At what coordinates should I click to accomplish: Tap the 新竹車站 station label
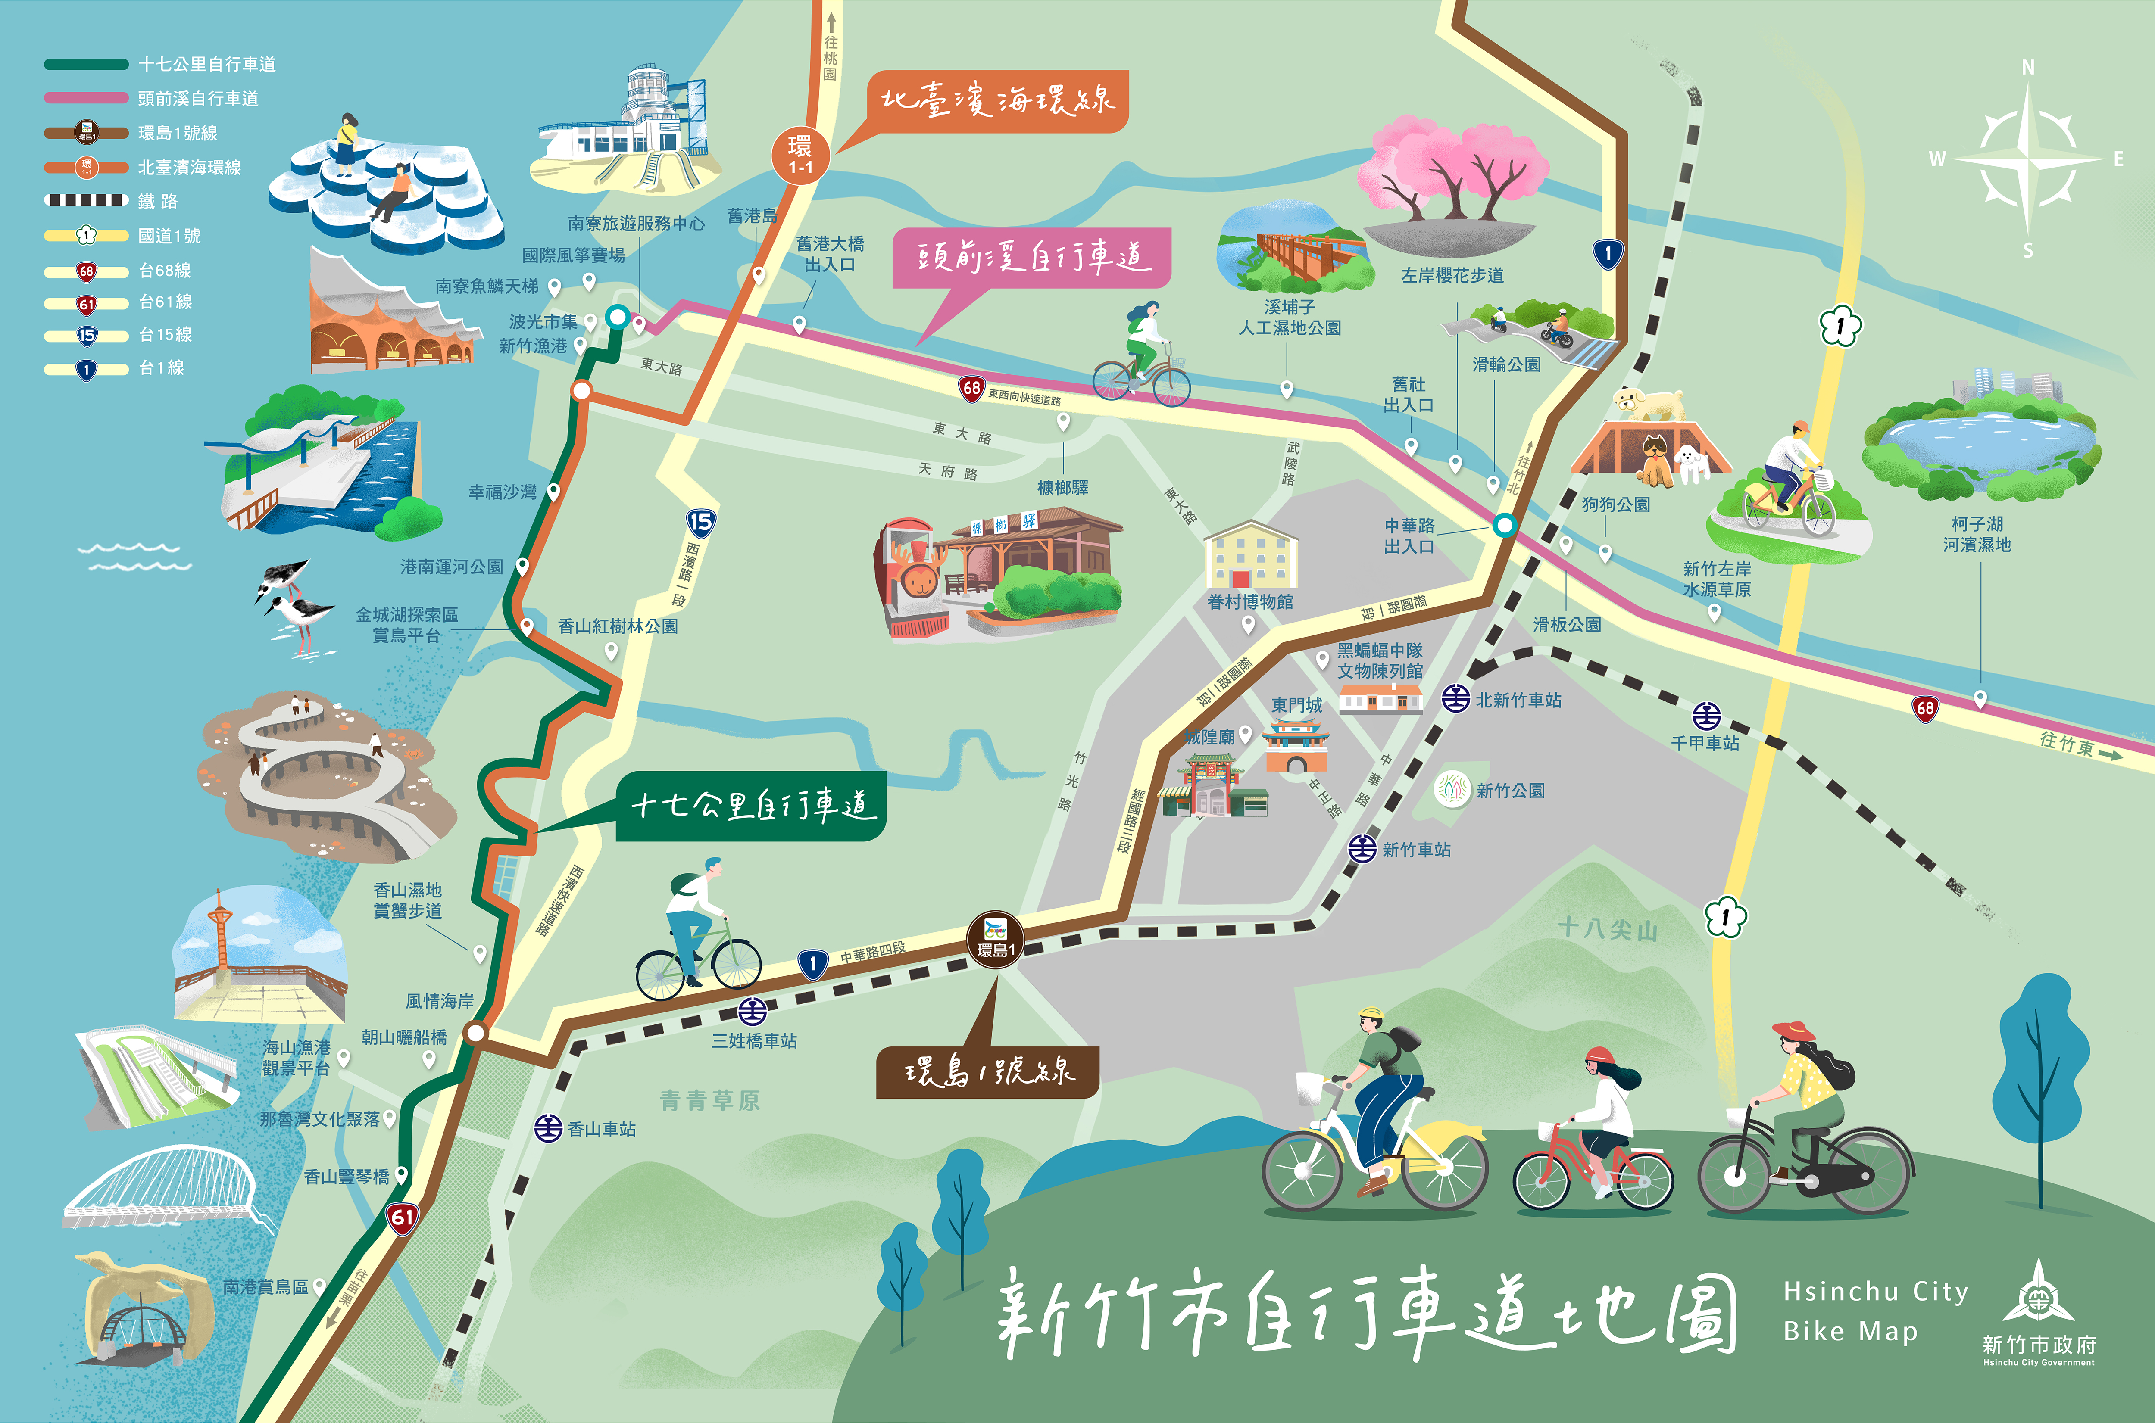coord(1416,850)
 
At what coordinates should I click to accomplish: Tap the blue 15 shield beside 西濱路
coord(700,522)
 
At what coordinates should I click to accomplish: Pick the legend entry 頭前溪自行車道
coord(198,98)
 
